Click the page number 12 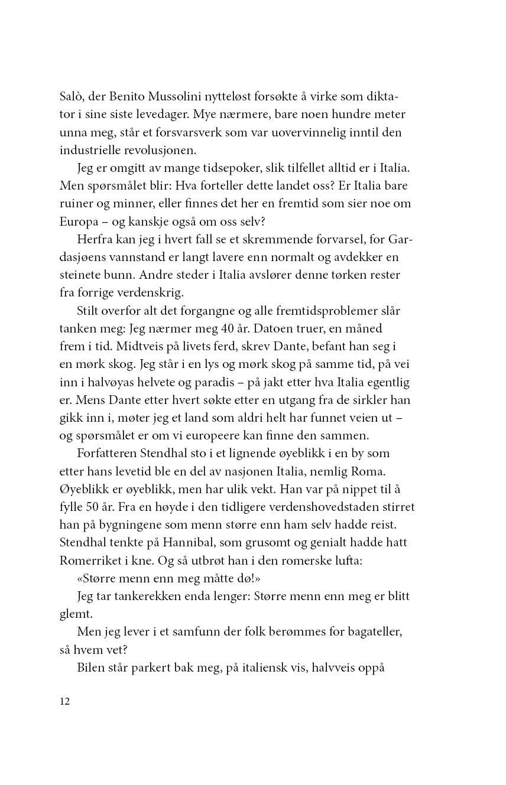64,702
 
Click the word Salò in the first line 72,96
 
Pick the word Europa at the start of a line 76,222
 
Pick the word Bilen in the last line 89,667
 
